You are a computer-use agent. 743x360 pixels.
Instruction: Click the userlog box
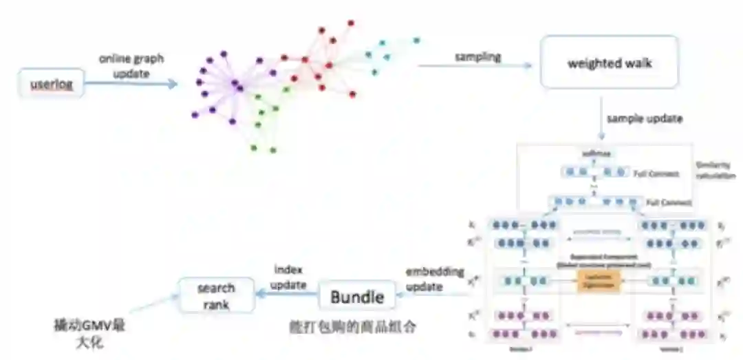pyautogui.click(x=52, y=85)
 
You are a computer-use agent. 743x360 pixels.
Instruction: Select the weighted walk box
pyautogui.click(x=610, y=63)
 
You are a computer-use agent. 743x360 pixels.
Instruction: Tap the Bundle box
pyautogui.click(x=356, y=297)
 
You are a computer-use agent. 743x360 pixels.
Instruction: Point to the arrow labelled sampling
pyautogui.click(x=475, y=66)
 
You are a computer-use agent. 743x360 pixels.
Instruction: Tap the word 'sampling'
pyautogui.click(x=477, y=56)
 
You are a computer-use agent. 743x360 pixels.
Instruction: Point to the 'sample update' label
pyautogui.click(x=644, y=118)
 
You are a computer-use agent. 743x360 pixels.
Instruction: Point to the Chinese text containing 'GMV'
pyautogui.click(x=89, y=331)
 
